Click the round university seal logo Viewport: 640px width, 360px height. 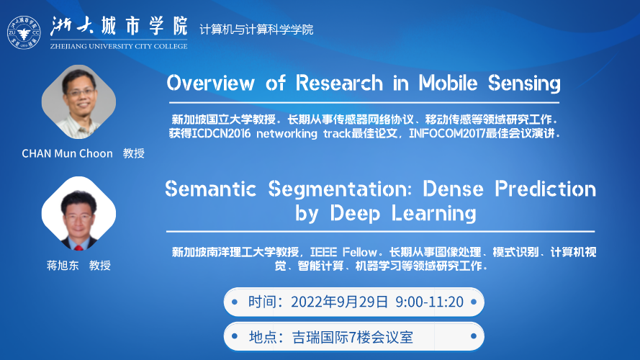(24, 32)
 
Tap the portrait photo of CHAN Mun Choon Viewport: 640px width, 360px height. (78, 102)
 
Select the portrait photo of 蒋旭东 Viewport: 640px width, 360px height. (78, 213)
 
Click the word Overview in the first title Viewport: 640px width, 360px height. (211, 83)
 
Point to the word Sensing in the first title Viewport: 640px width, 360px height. (524, 84)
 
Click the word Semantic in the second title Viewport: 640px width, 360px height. (211, 189)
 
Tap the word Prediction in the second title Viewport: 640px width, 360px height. (545, 189)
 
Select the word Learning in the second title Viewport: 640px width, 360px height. (434, 213)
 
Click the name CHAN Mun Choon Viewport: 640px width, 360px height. (68, 153)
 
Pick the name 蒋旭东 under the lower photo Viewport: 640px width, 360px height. (63, 265)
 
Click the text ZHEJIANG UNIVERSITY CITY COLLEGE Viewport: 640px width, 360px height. (119, 46)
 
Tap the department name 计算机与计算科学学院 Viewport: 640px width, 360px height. (256, 30)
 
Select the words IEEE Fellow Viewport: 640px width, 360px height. (343, 252)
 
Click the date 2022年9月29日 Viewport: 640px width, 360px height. (339, 302)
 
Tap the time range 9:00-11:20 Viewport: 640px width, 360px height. (429, 302)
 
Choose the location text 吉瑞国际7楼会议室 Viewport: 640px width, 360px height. (353, 338)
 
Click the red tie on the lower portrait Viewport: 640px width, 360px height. (78, 247)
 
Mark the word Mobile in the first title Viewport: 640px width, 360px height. (448, 83)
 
